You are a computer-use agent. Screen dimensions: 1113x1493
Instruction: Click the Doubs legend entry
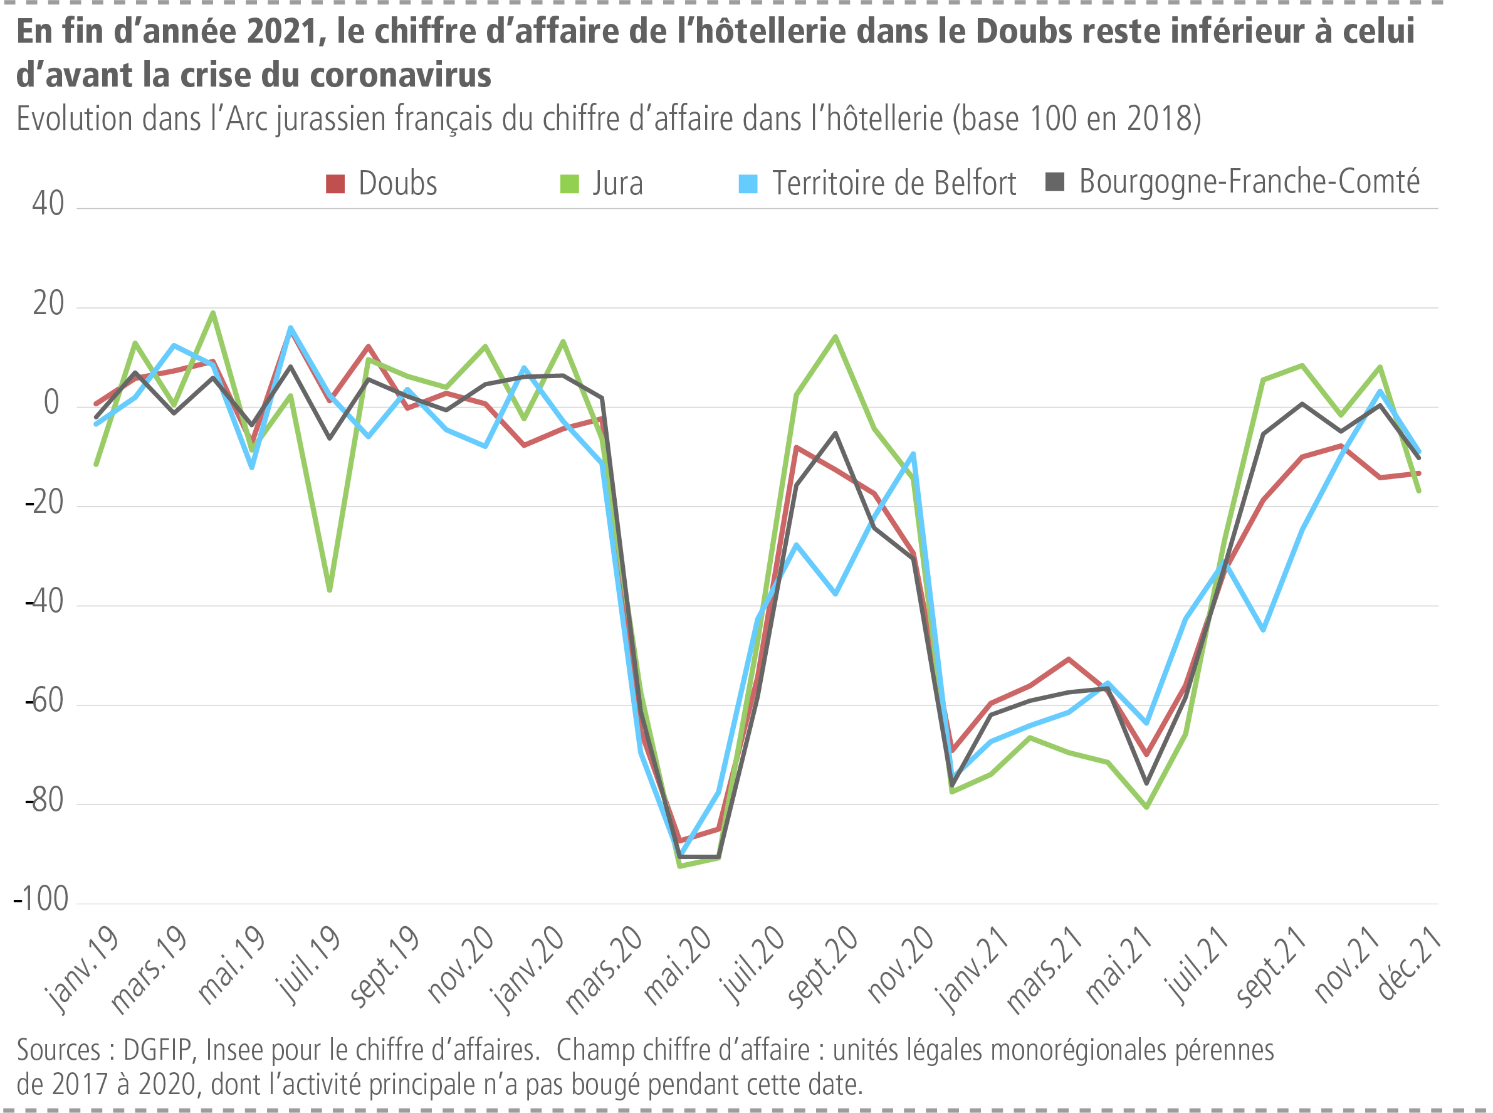(x=397, y=183)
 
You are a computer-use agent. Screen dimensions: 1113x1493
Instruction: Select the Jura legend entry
(x=617, y=183)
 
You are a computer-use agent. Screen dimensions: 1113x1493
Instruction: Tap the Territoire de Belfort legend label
(x=893, y=183)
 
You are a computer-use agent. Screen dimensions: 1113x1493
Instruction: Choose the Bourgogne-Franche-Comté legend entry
(x=1249, y=181)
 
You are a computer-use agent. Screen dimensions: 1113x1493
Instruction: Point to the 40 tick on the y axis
(x=48, y=203)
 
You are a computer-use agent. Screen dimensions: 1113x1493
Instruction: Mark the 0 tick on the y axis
(x=51, y=403)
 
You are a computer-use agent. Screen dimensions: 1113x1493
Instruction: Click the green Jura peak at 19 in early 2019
(x=213, y=313)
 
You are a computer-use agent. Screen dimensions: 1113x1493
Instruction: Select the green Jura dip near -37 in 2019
(x=329, y=590)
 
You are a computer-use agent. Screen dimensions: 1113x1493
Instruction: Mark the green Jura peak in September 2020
(x=835, y=336)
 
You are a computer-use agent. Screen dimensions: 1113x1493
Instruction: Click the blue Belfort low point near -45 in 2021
(x=1263, y=630)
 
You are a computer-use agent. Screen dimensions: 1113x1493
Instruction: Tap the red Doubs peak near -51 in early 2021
(x=1069, y=659)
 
